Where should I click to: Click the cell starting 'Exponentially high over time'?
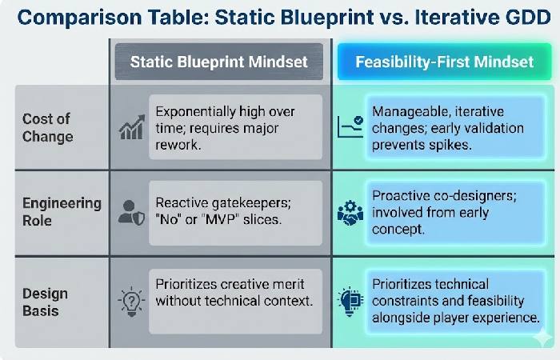tap(236, 127)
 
